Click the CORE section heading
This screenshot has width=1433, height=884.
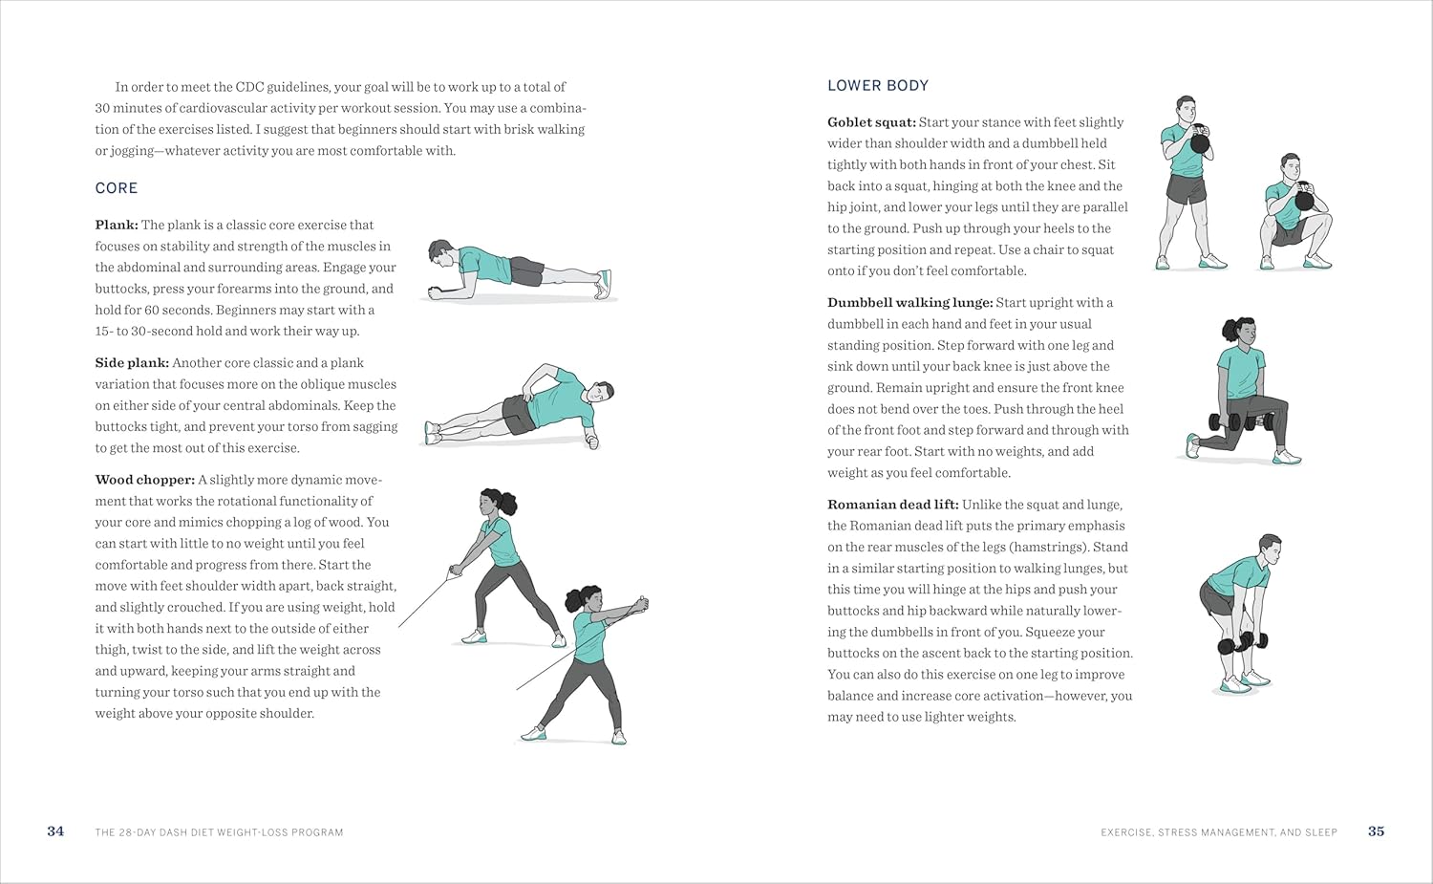click(117, 188)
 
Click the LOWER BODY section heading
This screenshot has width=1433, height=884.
click(878, 86)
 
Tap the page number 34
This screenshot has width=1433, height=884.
click(55, 831)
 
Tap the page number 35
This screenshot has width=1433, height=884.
click(1376, 831)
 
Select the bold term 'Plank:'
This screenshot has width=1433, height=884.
click(117, 226)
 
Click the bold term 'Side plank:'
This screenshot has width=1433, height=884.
click(132, 363)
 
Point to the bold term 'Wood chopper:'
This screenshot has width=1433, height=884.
click(144, 480)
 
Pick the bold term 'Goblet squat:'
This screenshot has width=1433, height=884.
click(871, 122)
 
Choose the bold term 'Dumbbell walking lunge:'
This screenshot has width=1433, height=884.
click(909, 303)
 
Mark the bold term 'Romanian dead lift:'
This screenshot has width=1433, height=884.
click(892, 505)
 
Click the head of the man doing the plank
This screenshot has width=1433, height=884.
click(440, 254)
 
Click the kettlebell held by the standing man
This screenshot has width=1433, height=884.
click(1200, 143)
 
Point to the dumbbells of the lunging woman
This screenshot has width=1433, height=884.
click(1230, 420)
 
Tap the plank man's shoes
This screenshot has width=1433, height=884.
click(603, 283)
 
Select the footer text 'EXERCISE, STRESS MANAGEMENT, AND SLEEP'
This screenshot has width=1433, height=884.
click(1218, 832)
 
